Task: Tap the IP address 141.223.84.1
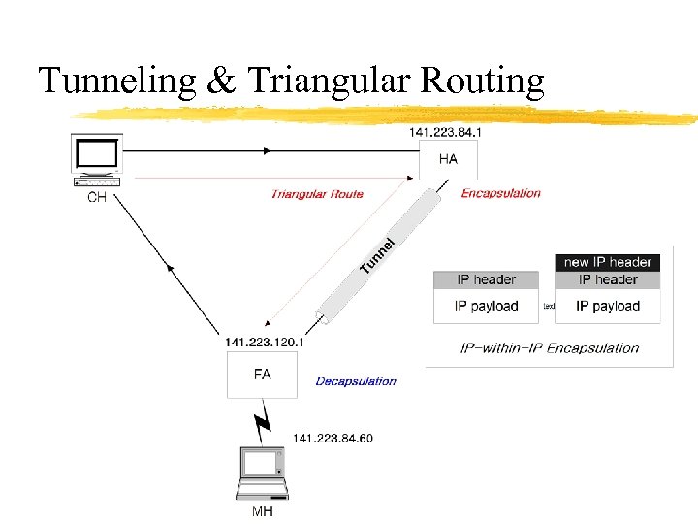446,132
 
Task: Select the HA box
448,159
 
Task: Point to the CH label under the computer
97,198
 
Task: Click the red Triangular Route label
317,194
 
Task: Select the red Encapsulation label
500,193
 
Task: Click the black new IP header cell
608,262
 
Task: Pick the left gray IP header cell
487,279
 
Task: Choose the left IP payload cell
487,306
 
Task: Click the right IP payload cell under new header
608,306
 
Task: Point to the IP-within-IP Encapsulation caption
550,348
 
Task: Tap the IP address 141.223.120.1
265,342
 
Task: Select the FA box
262,374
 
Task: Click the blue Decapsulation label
356,381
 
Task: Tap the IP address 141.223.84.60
333,439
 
